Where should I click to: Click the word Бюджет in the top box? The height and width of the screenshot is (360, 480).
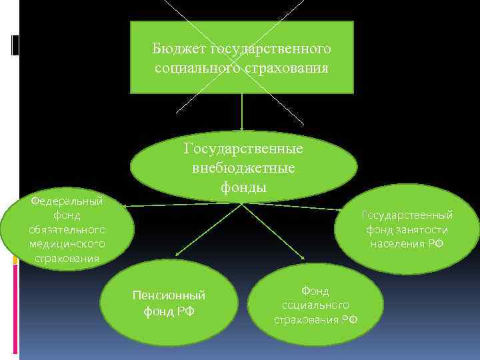point(179,49)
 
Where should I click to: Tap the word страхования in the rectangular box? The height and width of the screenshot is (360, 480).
point(291,68)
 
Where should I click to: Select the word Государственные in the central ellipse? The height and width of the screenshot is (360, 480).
point(243,149)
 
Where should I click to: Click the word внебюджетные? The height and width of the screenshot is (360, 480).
point(243,168)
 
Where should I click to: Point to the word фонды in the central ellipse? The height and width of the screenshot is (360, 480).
point(243,187)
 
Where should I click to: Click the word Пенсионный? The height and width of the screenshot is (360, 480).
point(169,295)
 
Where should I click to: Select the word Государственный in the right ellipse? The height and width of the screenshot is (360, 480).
point(407,215)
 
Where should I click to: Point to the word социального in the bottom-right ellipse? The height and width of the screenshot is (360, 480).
point(315,305)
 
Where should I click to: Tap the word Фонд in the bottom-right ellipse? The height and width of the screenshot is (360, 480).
point(315,291)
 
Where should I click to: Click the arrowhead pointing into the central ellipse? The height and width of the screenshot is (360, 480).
point(242,128)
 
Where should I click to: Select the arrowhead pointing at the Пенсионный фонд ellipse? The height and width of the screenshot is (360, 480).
point(177,254)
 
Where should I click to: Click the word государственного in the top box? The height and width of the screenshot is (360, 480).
point(270,49)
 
